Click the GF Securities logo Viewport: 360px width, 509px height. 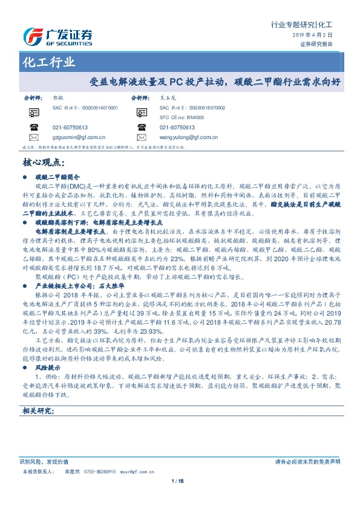tap(57, 37)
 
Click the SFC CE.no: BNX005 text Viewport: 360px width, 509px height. tap(182, 117)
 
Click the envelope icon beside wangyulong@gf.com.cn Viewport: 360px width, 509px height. tap(143, 137)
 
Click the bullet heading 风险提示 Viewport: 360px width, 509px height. tap(50, 367)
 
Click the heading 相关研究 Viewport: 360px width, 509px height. tap(38, 411)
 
